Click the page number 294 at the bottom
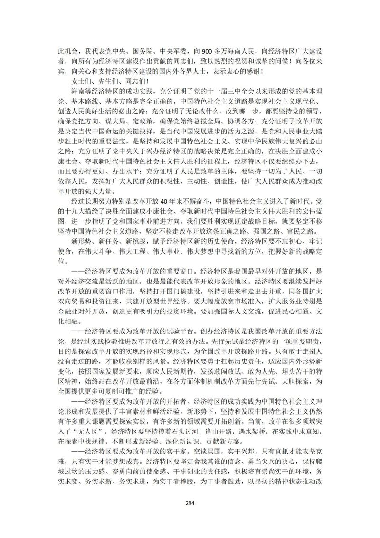(190, 503)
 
